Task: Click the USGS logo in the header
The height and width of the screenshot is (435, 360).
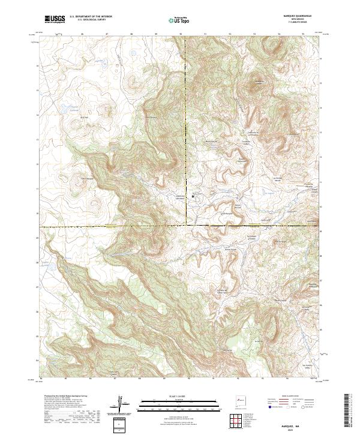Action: point(55,19)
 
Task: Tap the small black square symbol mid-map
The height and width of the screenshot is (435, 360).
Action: point(193,196)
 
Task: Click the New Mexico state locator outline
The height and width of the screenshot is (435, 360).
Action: point(242,398)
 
